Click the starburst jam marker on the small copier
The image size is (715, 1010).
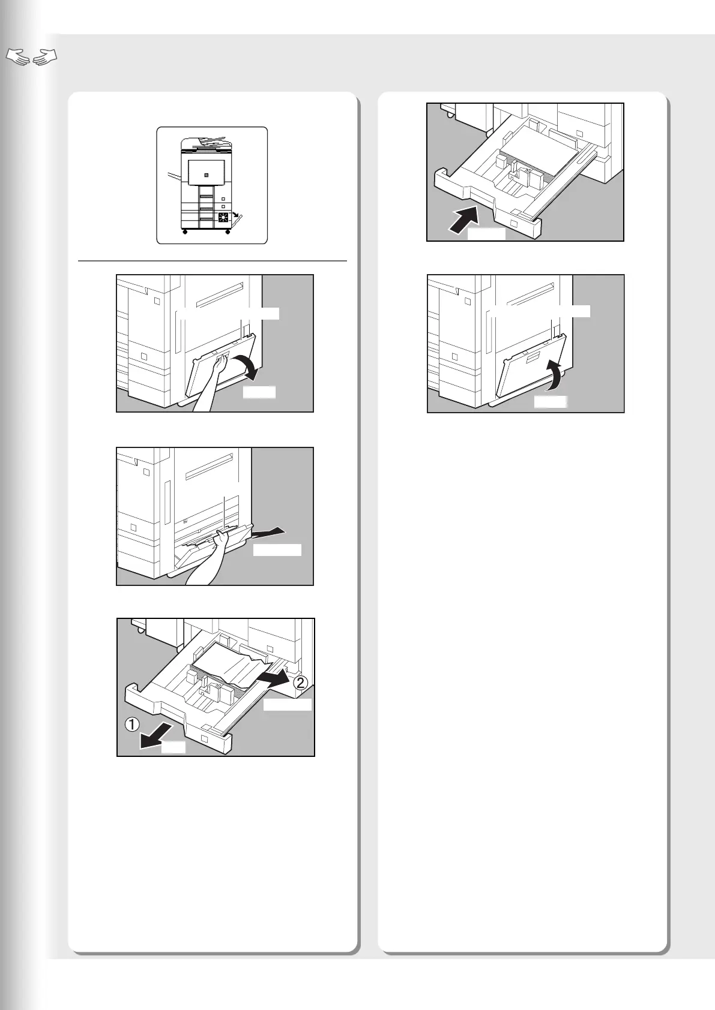[x=223, y=217]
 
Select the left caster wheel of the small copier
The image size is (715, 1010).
[x=184, y=232]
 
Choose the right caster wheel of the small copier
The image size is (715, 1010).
[x=228, y=232]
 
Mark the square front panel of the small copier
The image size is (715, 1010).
[x=207, y=173]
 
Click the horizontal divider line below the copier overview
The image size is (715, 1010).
[x=213, y=261]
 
